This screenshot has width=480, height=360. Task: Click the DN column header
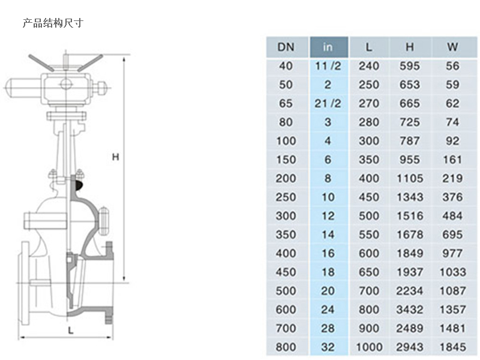(x=286, y=47)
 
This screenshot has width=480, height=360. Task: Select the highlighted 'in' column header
(x=328, y=47)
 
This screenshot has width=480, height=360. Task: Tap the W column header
(x=453, y=47)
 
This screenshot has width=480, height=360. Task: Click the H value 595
(x=410, y=66)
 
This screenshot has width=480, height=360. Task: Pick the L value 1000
(x=369, y=347)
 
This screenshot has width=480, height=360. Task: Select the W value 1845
(x=453, y=347)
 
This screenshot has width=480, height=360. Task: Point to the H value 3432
(x=410, y=310)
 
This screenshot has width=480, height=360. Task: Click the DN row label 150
(x=286, y=160)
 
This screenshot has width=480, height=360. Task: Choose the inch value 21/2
(x=328, y=103)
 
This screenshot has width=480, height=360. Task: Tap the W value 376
(x=453, y=197)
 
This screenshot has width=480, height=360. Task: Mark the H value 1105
(x=410, y=178)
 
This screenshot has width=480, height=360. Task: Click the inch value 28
(x=328, y=328)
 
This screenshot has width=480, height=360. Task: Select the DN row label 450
(x=286, y=272)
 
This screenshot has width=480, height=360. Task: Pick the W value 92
(x=453, y=141)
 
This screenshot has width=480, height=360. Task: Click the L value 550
(x=369, y=235)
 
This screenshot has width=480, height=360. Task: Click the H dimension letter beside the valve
(x=116, y=157)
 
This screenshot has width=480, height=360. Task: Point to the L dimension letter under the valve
(x=71, y=330)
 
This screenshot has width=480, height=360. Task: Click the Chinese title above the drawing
(x=53, y=23)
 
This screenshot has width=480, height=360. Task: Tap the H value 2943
(x=410, y=347)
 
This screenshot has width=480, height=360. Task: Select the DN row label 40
(x=286, y=66)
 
